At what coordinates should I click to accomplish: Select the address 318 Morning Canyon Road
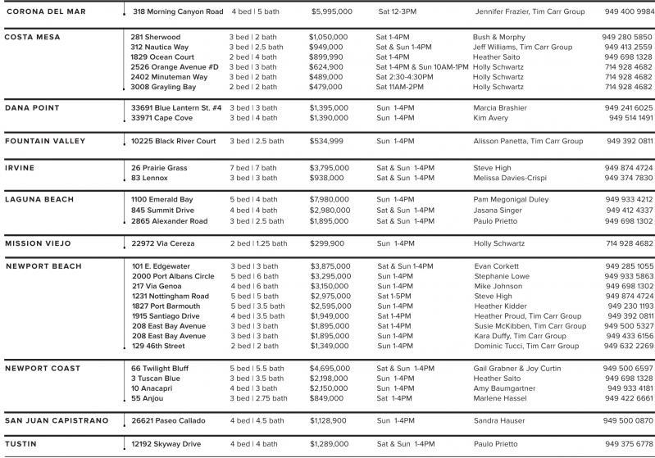click(x=178, y=12)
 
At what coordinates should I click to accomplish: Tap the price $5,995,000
click(x=332, y=12)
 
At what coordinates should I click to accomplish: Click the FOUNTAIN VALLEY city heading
click(x=45, y=141)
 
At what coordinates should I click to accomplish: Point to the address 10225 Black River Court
click(x=174, y=141)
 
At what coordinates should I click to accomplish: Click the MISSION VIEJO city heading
click(x=39, y=243)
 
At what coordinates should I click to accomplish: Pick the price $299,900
click(x=327, y=243)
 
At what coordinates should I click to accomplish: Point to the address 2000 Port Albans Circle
click(x=173, y=276)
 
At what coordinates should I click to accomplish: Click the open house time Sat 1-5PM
click(x=393, y=296)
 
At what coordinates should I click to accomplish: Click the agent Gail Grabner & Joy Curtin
click(x=517, y=369)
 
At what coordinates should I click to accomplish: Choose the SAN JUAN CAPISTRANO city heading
click(x=57, y=420)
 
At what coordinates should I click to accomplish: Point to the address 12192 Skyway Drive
click(x=166, y=443)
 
